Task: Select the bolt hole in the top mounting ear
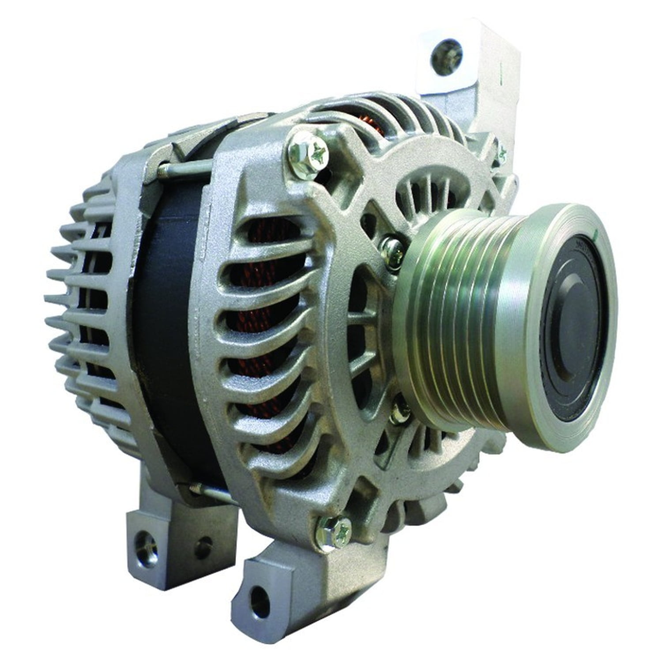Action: point(447,55)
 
